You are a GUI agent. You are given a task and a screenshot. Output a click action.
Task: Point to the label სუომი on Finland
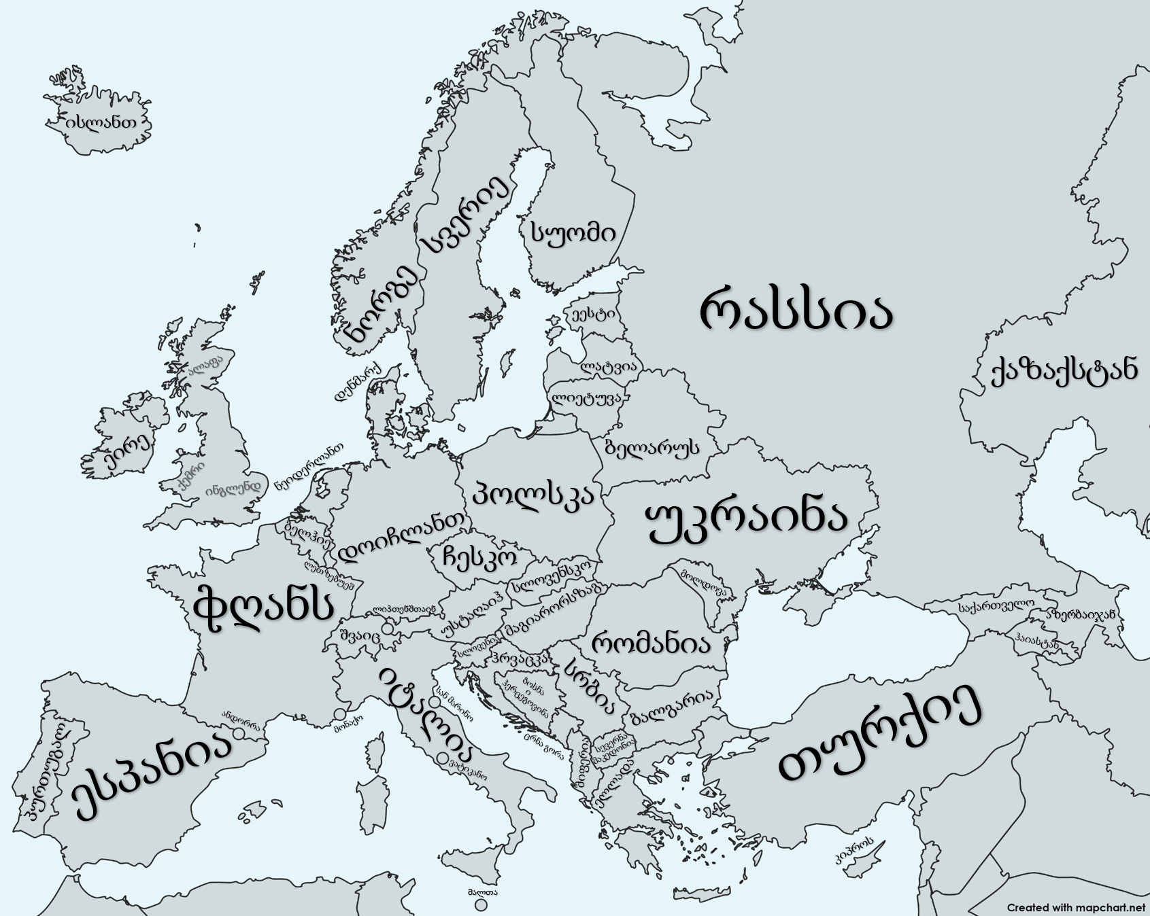pyautogui.click(x=573, y=233)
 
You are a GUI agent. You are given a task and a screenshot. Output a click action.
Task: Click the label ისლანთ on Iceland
pyautogui.click(x=100, y=122)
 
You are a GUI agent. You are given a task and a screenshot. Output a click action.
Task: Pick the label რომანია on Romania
pyautogui.click(x=651, y=642)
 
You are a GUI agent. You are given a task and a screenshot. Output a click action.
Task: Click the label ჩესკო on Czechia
pyautogui.click(x=479, y=557)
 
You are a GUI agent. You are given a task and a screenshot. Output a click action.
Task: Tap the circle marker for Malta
pyautogui.click(x=481, y=905)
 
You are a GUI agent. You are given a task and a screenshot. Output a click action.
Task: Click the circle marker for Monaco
pyautogui.click(x=339, y=714)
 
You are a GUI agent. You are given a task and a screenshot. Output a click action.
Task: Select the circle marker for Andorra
pyautogui.click(x=239, y=734)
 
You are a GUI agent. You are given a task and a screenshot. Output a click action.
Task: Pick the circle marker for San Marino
pyautogui.click(x=434, y=700)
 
